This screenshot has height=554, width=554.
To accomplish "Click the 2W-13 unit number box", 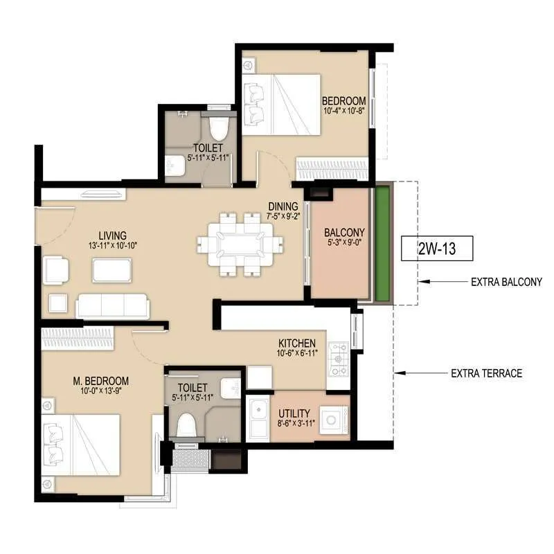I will click(x=436, y=247).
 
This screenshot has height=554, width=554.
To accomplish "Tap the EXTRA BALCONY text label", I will click(x=506, y=282).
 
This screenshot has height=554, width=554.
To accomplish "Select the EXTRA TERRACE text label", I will click(x=486, y=373).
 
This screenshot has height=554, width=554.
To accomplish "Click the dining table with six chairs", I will click(x=240, y=242).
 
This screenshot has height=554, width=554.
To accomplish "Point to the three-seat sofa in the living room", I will click(x=112, y=305).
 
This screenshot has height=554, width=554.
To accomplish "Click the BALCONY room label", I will click(x=346, y=232).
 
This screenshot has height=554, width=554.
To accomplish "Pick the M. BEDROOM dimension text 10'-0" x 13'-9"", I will click(x=101, y=392).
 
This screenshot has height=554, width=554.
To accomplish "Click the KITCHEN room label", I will click(x=297, y=343).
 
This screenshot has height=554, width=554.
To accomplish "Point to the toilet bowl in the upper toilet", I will click(x=218, y=128).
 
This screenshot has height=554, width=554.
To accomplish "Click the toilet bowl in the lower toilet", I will click(x=185, y=424).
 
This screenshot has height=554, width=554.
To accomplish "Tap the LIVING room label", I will click(x=112, y=236).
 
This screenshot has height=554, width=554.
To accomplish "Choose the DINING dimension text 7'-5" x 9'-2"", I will click(x=283, y=216).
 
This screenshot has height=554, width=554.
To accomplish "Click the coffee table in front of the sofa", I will click(x=112, y=269).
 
